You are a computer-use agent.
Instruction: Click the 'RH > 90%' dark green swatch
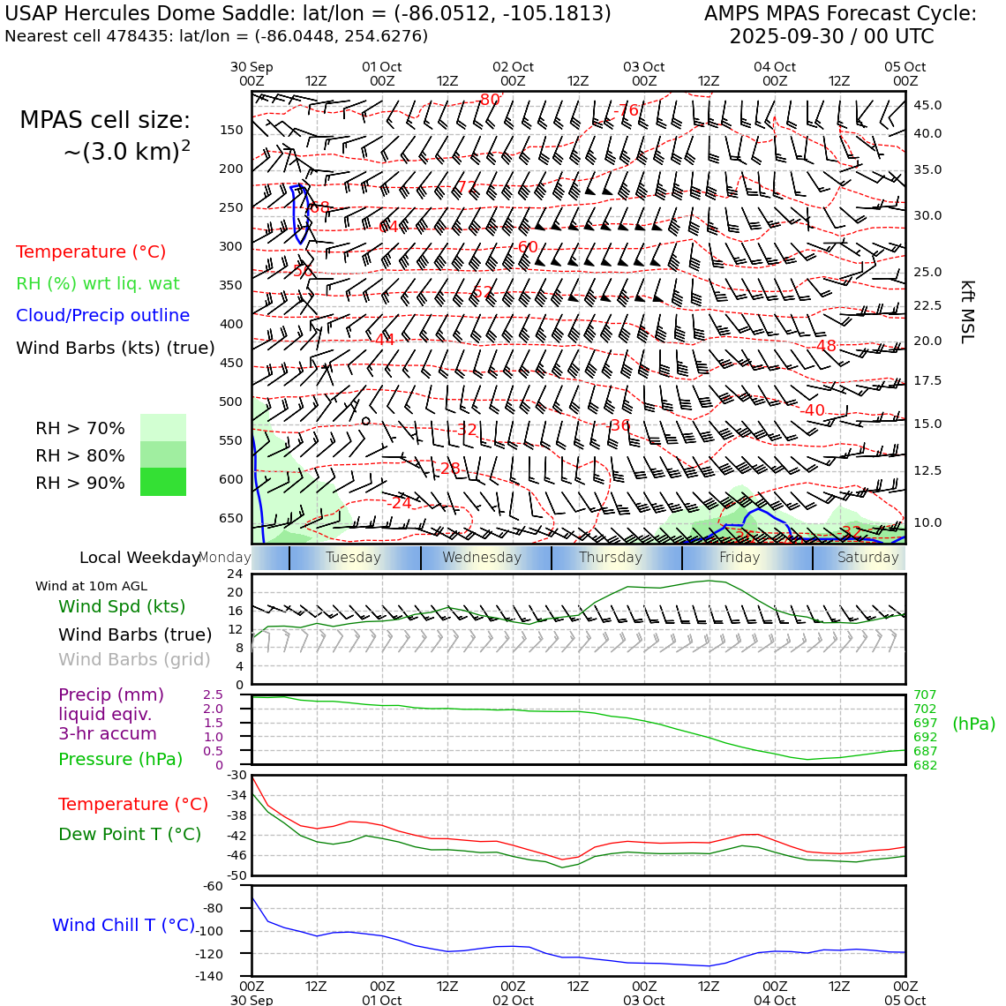click(163, 483)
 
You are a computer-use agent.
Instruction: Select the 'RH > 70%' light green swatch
click(163, 428)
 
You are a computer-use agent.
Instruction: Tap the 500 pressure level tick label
click(231, 402)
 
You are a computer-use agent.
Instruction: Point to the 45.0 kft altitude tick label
click(927, 105)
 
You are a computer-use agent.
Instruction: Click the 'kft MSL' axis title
click(967, 312)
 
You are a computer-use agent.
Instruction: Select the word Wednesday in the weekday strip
click(482, 558)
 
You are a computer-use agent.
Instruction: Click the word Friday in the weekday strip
click(739, 558)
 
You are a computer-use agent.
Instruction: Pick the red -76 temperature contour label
click(627, 110)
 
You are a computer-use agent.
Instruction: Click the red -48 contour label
click(825, 346)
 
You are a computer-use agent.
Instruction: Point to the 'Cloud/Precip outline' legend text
click(102, 315)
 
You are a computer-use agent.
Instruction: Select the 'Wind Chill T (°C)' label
click(124, 925)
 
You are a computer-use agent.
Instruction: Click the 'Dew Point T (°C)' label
click(130, 834)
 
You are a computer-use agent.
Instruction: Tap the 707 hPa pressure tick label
click(925, 695)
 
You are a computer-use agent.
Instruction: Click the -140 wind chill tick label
click(208, 976)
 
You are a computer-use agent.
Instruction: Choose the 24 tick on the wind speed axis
click(235, 574)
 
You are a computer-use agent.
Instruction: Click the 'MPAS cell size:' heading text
click(105, 121)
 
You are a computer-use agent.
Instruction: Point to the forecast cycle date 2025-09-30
click(788, 37)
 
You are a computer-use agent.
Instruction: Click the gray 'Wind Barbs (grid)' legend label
click(135, 659)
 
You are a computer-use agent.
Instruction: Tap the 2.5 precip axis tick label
click(213, 695)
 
